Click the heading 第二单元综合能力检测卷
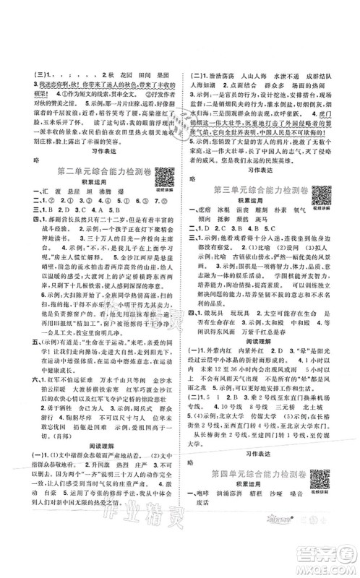coord(92,172)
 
